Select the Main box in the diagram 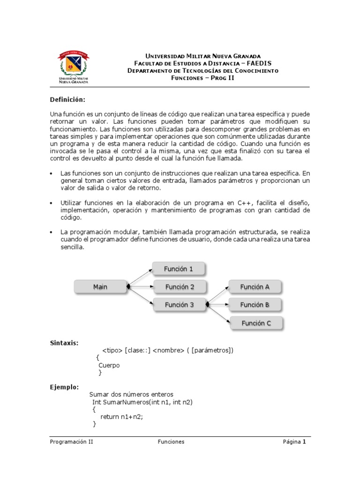point(100,287)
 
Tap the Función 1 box point(179,269)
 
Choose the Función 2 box point(179,287)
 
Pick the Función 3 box point(179,305)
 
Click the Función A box point(255,287)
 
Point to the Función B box point(255,305)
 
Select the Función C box point(256,323)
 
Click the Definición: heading point(68,100)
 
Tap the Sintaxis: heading point(64,343)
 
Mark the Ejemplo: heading point(64,387)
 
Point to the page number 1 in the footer point(304,442)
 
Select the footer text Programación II point(72,442)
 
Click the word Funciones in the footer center point(171,442)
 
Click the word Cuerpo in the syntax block point(109,365)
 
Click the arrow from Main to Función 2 point(141,286)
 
